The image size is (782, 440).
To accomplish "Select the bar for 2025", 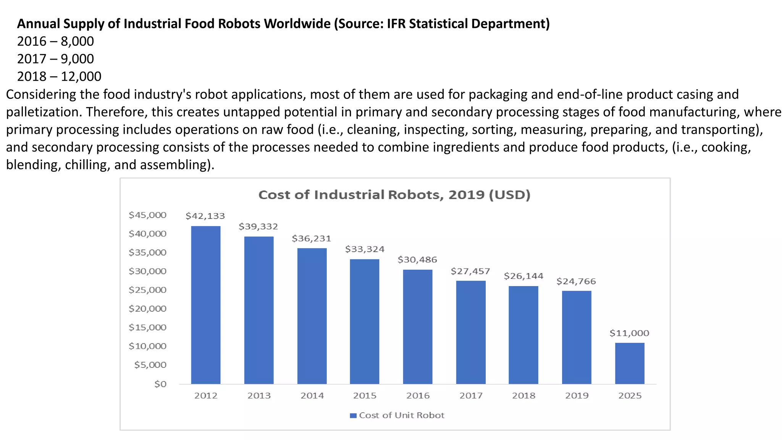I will [x=629, y=363].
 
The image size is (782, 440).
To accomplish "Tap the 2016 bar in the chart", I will [x=418, y=327].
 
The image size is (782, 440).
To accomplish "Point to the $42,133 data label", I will [x=205, y=216].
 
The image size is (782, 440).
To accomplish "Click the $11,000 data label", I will [x=629, y=333].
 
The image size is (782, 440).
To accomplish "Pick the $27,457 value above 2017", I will [x=470, y=271].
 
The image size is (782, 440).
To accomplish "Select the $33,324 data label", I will [x=365, y=249].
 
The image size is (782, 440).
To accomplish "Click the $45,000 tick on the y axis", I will [x=147, y=215].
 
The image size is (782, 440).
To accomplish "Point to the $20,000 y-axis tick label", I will [x=147, y=309].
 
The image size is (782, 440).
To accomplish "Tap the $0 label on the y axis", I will [x=160, y=384].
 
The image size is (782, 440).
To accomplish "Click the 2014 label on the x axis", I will [x=312, y=396].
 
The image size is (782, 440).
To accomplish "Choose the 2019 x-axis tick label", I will [x=577, y=396].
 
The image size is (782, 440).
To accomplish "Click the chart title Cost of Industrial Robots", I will [x=394, y=195].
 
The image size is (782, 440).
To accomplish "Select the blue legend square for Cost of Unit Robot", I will [x=353, y=416].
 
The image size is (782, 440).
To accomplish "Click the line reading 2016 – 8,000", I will [x=55, y=41].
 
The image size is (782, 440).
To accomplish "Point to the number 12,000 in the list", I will [x=81, y=76].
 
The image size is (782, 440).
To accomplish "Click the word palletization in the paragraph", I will [x=43, y=112].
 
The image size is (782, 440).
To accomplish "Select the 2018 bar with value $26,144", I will [x=523, y=335].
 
